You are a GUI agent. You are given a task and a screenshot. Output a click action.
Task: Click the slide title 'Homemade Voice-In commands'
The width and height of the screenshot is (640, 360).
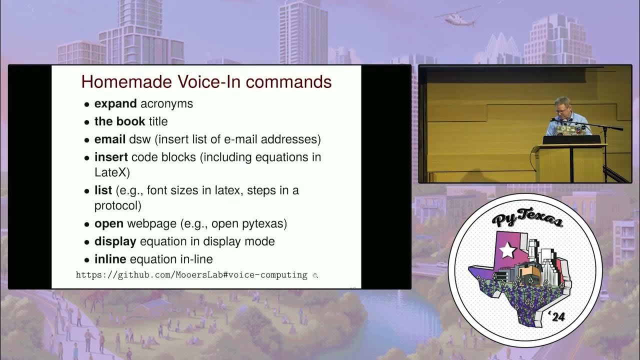(x=206, y=81)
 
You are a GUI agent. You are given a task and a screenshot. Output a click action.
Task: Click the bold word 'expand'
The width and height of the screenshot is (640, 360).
(x=115, y=104)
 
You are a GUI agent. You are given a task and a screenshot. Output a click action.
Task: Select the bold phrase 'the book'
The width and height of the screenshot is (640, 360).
(x=119, y=121)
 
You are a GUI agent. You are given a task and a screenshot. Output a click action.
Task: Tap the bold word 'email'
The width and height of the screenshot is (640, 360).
(x=110, y=139)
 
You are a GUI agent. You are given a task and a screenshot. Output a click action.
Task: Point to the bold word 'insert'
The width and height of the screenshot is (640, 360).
(x=111, y=157)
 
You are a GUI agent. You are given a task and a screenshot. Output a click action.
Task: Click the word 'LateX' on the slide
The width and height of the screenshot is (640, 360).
(x=112, y=172)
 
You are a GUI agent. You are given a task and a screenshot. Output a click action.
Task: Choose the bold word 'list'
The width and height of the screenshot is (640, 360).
(x=103, y=190)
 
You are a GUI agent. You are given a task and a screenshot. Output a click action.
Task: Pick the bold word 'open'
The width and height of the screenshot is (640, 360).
(x=108, y=223)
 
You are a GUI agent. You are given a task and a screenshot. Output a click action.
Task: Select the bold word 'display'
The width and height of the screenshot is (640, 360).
(x=115, y=241)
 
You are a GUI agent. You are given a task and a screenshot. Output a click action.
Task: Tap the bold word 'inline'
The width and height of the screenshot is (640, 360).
(x=110, y=259)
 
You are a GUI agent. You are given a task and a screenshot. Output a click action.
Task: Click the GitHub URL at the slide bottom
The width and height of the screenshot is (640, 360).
(x=191, y=275)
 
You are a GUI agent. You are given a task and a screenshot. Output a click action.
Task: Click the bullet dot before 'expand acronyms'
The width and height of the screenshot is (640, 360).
(x=87, y=105)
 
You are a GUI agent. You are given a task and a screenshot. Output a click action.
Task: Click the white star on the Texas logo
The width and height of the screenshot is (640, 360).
(x=507, y=250)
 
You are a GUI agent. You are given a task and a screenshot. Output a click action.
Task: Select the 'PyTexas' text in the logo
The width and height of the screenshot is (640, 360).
(x=527, y=220)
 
